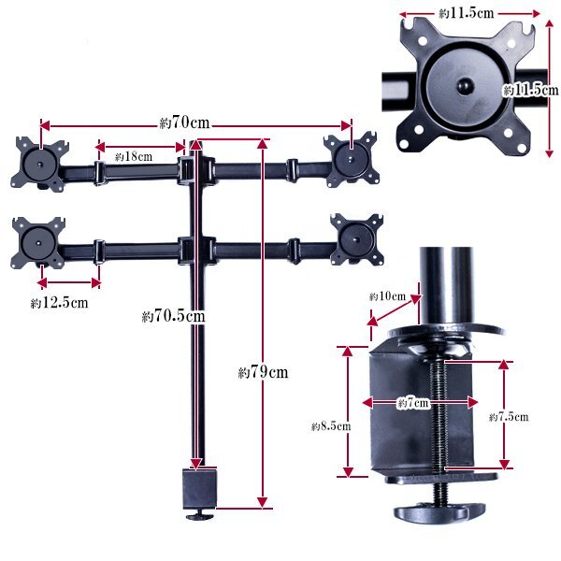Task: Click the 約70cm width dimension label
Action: point(184,122)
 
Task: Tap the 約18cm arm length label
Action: point(134,156)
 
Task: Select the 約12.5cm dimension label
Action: point(60,303)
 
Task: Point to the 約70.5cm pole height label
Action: point(174,316)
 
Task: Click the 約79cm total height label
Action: point(263,372)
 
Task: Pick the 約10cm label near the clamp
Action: point(387,296)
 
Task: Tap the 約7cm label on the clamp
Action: point(413,403)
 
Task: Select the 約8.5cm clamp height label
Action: point(331,426)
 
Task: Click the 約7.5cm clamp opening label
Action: point(509,417)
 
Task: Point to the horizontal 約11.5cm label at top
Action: point(467,14)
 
